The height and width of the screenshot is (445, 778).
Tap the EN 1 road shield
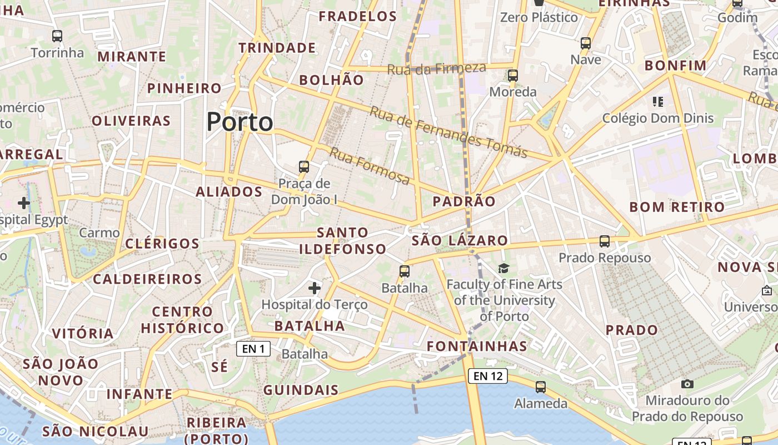(x=253, y=349)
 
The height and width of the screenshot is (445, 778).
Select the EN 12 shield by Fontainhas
(x=488, y=376)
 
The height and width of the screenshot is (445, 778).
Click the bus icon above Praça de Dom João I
(x=304, y=166)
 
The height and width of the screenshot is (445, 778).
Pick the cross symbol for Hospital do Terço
(x=315, y=288)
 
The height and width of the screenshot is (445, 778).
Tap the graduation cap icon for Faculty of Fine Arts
(x=503, y=269)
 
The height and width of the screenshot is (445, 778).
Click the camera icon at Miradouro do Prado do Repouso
(x=687, y=384)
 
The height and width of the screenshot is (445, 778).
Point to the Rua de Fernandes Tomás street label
(x=448, y=132)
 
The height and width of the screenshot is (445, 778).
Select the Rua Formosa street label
(x=370, y=166)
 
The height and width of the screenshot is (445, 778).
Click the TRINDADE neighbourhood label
(x=277, y=48)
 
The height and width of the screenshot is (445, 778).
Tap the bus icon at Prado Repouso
(x=605, y=241)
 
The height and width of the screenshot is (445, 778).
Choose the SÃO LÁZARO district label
(x=460, y=240)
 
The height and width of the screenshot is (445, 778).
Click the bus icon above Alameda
(x=541, y=387)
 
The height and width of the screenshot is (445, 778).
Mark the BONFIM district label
(x=675, y=66)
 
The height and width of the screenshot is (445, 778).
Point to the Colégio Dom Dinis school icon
(x=658, y=101)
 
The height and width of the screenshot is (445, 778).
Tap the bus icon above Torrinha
(x=57, y=36)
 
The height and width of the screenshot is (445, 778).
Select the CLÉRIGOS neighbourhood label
(x=162, y=244)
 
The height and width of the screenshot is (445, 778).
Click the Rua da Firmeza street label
(x=436, y=69)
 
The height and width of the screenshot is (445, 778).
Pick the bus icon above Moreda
(x=513, y=75)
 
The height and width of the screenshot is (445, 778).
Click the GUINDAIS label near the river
(x=301, y=390)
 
